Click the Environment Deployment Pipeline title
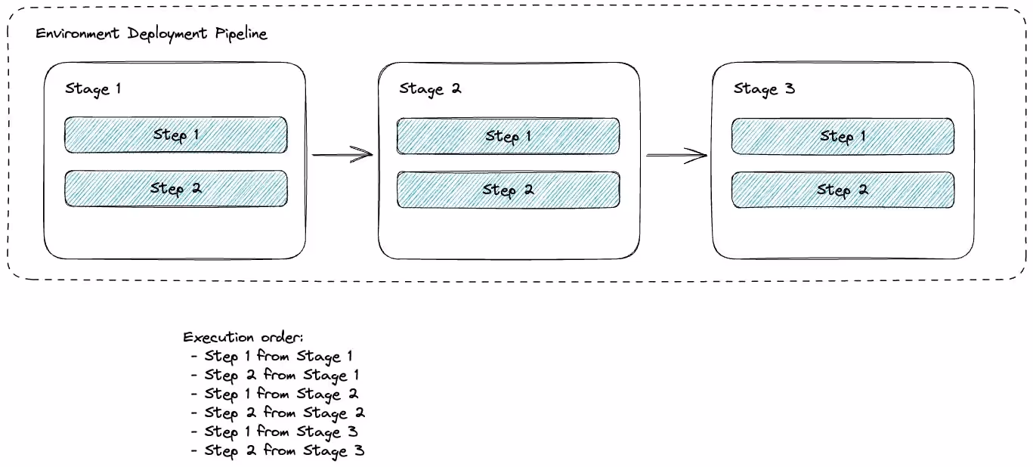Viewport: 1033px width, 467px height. click(151, 35)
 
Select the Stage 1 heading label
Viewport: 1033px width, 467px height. click(93, 88)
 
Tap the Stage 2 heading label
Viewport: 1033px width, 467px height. click(430, 88)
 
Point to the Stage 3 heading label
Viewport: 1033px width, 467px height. click(764, 88)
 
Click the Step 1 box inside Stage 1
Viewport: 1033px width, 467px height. click(175, 135)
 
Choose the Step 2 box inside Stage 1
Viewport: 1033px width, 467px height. click(175, 188)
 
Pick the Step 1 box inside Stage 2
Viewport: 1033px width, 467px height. click(508, 136)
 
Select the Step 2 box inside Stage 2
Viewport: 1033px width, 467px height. click(508, 190)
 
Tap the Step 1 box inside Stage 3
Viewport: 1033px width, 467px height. click(842, 136)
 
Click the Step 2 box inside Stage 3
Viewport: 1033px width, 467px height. click(842, 190)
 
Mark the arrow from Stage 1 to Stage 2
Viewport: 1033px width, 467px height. click(342, 155)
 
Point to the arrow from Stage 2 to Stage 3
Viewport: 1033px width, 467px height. click(676, 156)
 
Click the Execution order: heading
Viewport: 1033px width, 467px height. click(243, 337)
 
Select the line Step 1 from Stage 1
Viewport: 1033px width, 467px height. click(278, 356)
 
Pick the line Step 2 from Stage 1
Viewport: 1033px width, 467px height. click(281, 375)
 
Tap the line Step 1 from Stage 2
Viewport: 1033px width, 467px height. click(281, 394)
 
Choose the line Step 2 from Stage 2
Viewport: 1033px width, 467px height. click(284, 413)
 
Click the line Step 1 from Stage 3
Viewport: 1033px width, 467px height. click(281, 431)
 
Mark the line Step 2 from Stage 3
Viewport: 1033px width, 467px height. click(284, 450)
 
